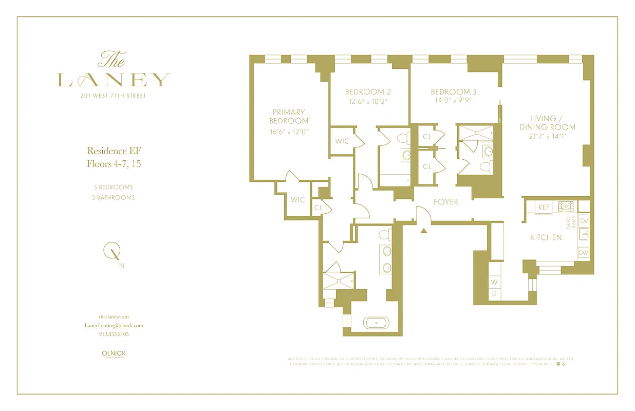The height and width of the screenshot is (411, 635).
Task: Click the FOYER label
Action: pos(445,202)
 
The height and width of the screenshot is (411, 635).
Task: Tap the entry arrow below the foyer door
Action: pos(424,231)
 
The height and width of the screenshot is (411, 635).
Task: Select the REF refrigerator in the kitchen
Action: pos(544,207)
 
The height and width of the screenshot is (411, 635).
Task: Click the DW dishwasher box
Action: pos(583,253)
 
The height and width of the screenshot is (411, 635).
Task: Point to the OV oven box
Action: pos(583,220)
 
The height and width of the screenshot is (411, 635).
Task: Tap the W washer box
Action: pos(494,282)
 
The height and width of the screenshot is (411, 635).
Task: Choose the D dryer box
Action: pos(494,293)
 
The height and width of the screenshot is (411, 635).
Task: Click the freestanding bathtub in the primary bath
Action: pos(377,323)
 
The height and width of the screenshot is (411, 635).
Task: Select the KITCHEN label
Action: pos(546,237)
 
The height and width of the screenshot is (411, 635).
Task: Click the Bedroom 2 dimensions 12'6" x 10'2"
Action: pos(368,101)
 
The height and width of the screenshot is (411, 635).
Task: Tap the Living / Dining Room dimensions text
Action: pos(547,136)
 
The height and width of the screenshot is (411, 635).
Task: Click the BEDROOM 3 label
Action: pos(453,92)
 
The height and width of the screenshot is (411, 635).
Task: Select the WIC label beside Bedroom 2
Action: pos(342,141)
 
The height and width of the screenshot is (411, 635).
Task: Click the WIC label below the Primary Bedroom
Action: pos(298,200)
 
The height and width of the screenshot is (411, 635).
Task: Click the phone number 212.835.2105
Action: pos(114,334)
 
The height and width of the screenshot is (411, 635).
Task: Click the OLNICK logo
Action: pos(114,354)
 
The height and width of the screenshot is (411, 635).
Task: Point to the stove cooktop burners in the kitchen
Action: pos(567,207)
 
